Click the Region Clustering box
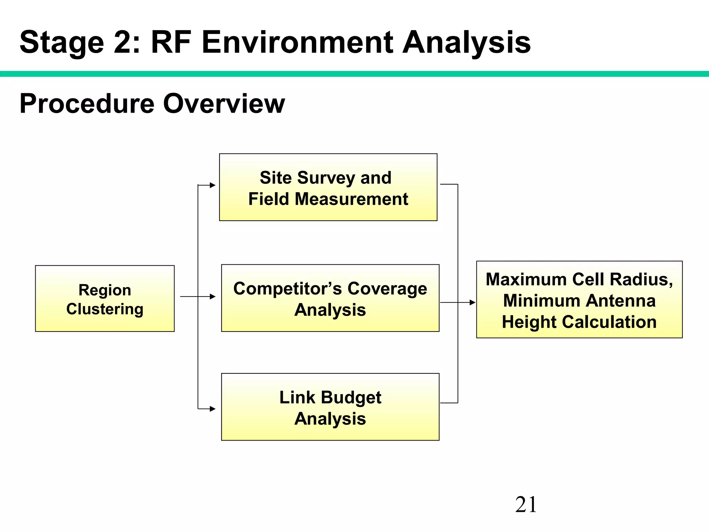pyautogui.click(x=105, y=299)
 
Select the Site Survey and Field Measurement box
pyautogui.click(x=328, y=187)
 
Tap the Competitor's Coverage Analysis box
pyautogui.click(x=330, y=298)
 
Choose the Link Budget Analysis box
pyautogui.click(x=330, y=407)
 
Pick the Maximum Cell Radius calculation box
pyautogui.click(x=579, y=300)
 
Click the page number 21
pyautogui.click(x=526, y=505)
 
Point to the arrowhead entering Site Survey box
pyautogui.click(x=213, y=185)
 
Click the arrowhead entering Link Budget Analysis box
pyautogui.click(x=213, y=409)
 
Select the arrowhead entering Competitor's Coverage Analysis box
pyautogui.click(x=213, y=296)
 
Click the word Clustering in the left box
pyautogui.click(x=105, y=309)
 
